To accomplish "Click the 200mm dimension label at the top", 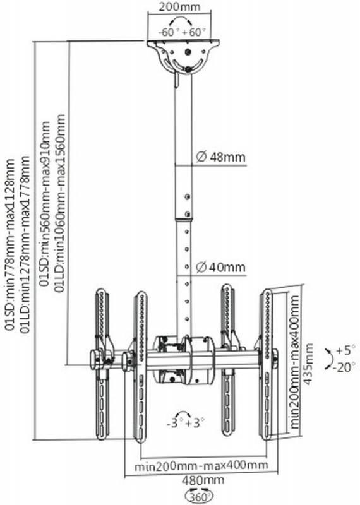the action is pos(179,7).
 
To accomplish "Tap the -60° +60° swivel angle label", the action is pos(182,32).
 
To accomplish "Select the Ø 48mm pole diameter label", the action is pos(221,157).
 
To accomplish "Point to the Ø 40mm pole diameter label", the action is pos(221,267).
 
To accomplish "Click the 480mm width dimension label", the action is pos(203,480).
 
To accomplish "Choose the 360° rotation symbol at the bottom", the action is pos(199,497).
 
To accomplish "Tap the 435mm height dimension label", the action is pos(308,364).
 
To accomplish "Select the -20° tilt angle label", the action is pos(344,367).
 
